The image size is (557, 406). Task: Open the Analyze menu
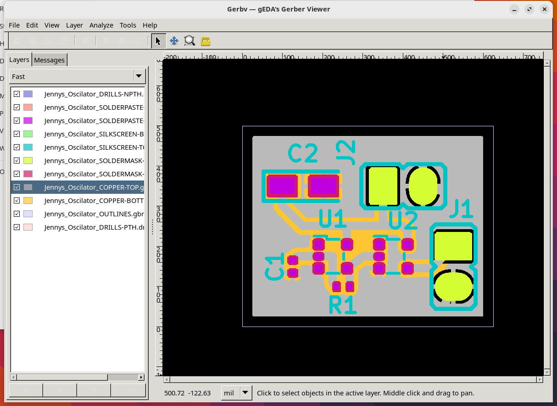(101, 25)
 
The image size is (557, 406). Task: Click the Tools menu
(128, 25)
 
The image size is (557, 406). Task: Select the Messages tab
(49, 60)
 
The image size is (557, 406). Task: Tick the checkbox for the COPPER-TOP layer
(17, 187)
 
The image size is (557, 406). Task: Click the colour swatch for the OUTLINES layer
(28, 214)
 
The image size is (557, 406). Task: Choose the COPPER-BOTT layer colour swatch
(28, 201)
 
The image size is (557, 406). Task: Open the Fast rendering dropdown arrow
(138, 76)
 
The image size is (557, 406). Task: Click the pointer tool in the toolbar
(158, 41)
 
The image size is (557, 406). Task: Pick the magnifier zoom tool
(189, 41)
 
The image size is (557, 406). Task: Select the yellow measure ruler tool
(206, 41)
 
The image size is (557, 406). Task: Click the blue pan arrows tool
(174, 41)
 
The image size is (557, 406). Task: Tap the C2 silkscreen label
(303, 153)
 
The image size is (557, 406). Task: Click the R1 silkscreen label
(343, 304)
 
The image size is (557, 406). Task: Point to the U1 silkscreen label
(332, 219)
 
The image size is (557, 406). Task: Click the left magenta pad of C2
(281, 186)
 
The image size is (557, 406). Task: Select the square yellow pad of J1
(453, 246)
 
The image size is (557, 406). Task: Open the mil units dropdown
(237, 393)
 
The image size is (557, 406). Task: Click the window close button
(545, 9)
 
